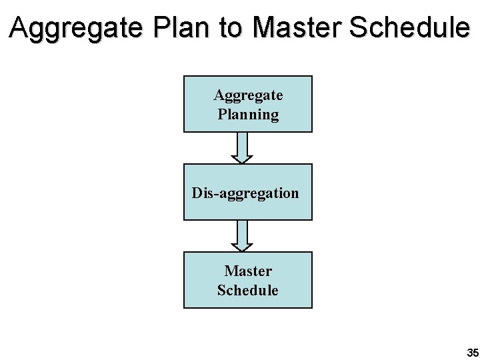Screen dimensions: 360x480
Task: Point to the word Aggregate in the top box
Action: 248,95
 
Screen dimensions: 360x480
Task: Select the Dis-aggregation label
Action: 245,193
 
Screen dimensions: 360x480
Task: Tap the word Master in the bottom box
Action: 248,271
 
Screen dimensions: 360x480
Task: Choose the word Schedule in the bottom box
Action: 248,291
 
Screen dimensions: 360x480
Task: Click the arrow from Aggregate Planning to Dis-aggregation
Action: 242,147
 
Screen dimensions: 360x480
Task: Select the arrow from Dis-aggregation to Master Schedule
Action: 242,235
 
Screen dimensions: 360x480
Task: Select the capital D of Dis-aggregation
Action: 197,193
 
